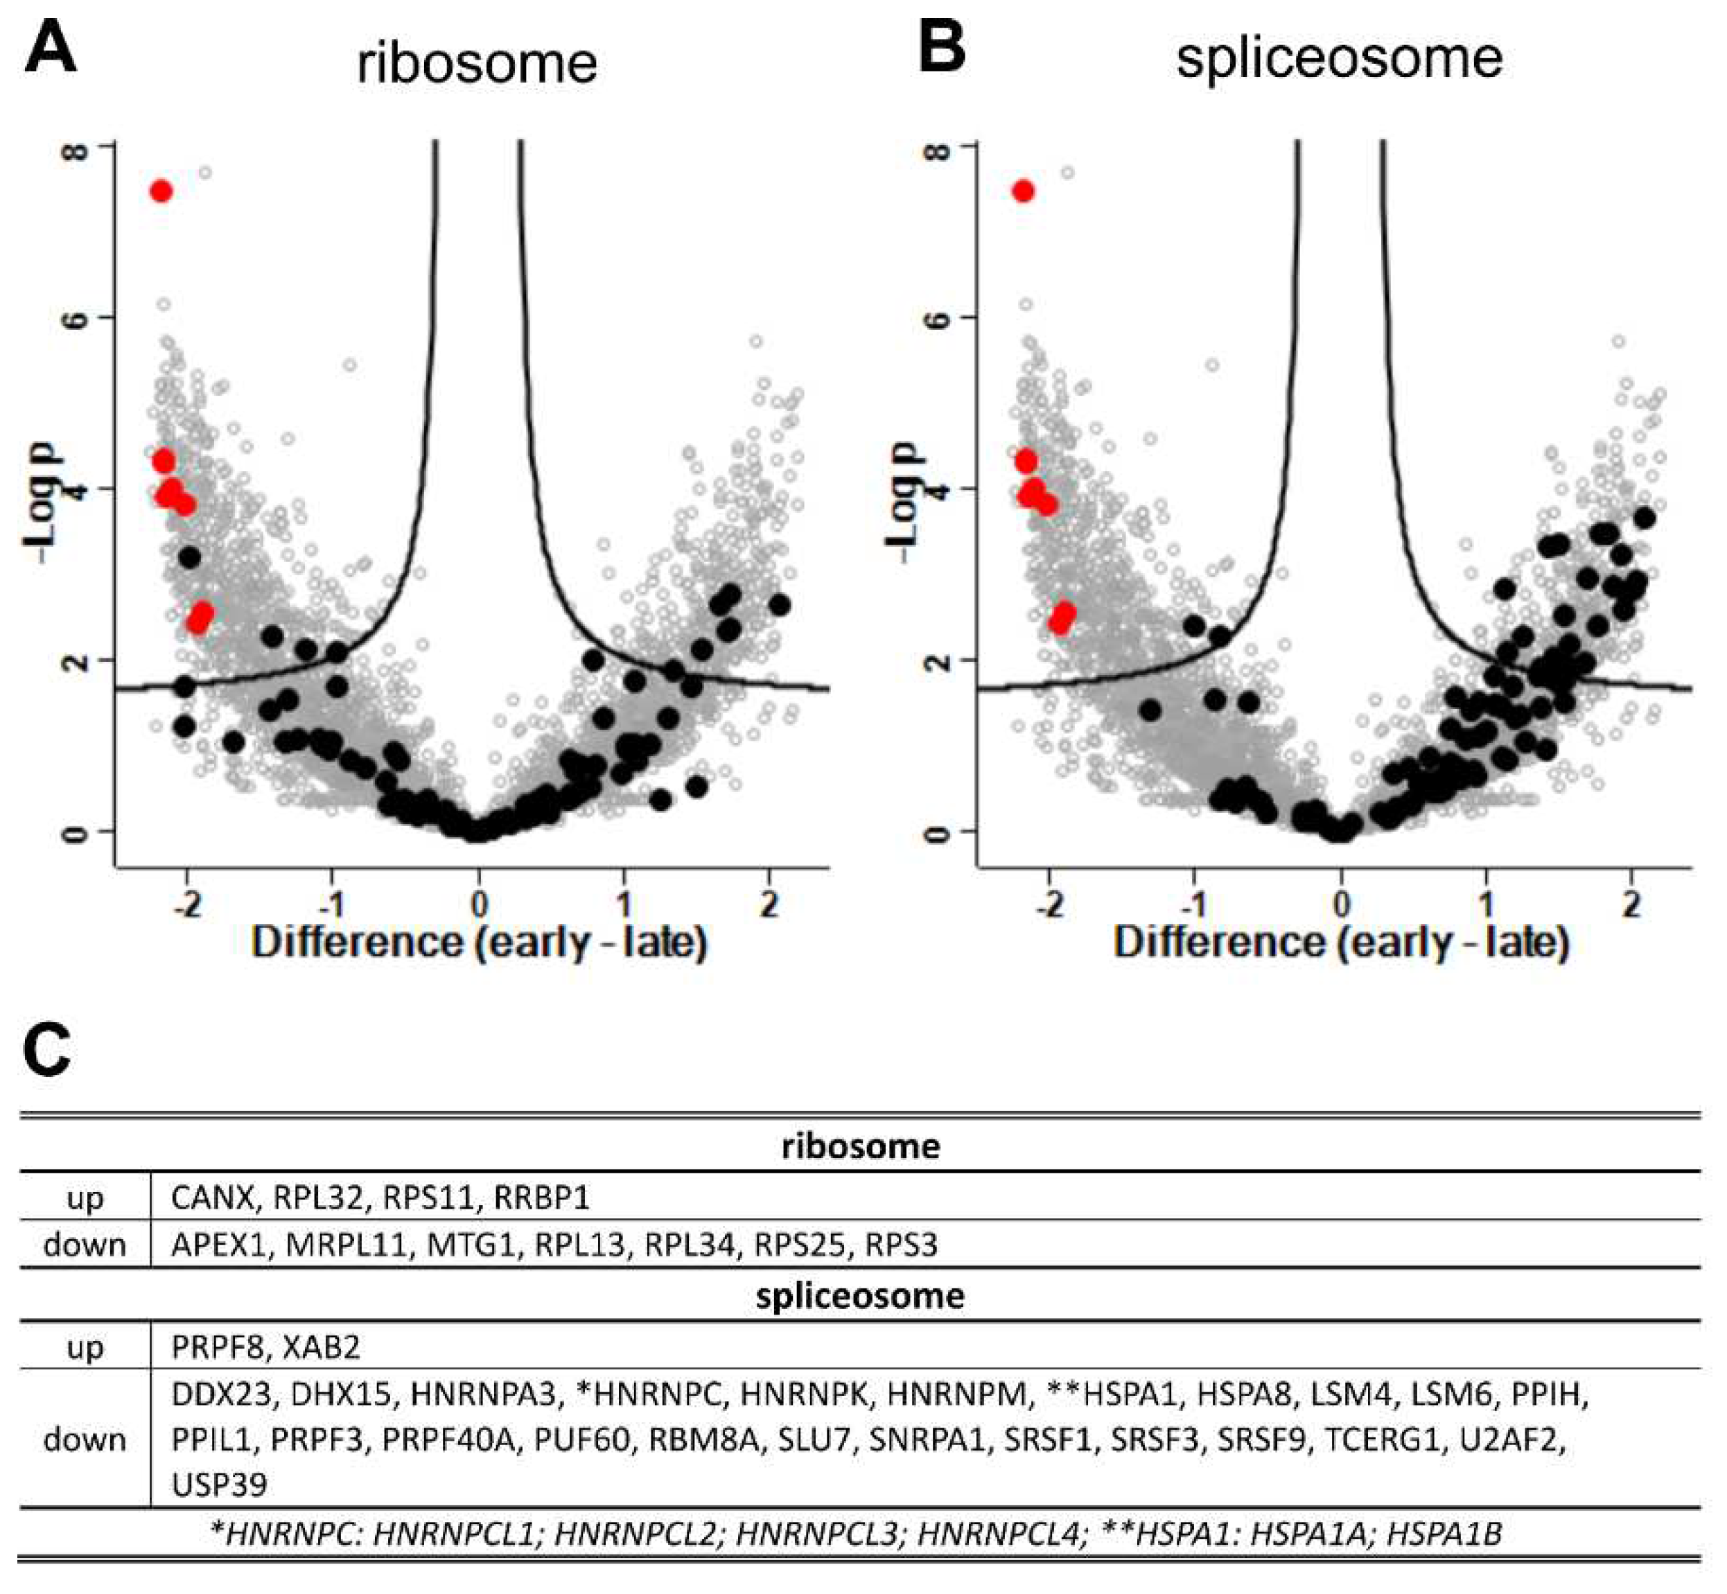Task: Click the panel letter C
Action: (46, 1051)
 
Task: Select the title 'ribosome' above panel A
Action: (477, 64)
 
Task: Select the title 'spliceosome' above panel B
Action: (1340, 59)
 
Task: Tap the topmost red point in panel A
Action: (161, 191)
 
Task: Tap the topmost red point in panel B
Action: (1023, 191)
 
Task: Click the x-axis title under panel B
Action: (1342, 942)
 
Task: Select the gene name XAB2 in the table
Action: (321, 1347)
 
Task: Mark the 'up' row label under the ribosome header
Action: (85, 1197)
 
